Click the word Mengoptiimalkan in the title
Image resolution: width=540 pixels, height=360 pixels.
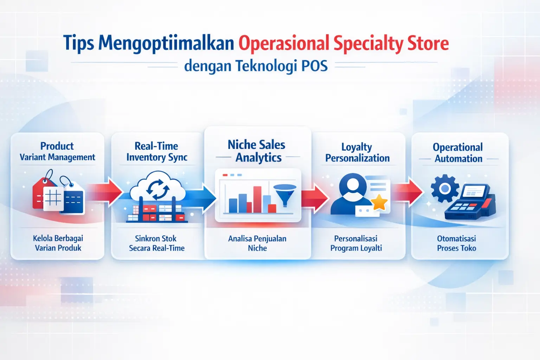tap(166, 44)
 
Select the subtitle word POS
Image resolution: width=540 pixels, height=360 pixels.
tap(314, 66)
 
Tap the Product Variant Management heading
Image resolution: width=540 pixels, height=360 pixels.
tap(57, 152)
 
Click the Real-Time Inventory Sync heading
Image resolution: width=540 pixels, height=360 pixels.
tap(157, 152)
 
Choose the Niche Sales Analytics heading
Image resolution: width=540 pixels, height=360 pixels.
tap(257, 151)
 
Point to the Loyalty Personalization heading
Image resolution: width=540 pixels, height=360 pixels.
tap(357, 153)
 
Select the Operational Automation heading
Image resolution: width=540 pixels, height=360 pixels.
tap(458, 153)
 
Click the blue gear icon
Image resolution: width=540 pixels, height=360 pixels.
tap(445, 189)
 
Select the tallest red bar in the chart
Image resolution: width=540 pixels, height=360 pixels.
tap(257, 199)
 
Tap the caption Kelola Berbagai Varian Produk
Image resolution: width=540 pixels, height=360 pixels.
tap(58, 243)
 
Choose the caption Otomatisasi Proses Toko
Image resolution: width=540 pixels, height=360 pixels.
tap(456, 243)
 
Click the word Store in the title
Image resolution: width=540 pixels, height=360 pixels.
tap(428, 44)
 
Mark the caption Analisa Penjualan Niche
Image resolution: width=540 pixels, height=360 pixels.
tap(257, 243)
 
